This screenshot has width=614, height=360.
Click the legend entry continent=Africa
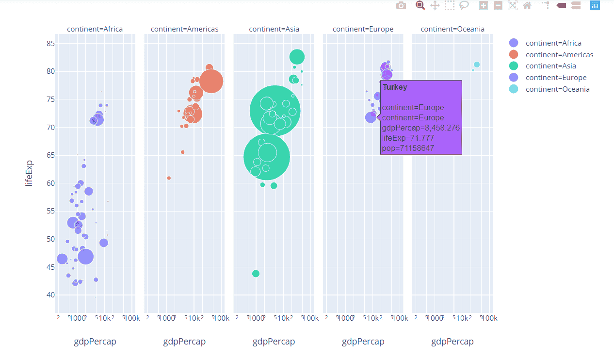(x=553, y=43)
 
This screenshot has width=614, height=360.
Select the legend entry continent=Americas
(x=559, y=55)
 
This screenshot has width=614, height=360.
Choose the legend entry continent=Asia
(x=550, y=66)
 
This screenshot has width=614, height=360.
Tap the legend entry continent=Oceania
(x=557, y=89)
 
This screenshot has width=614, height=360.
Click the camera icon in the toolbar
(x=401, y=6)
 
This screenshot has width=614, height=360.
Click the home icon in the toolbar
(x=527, y=6)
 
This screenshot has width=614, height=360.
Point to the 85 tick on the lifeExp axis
(x=49, y=44)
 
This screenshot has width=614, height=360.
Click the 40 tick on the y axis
(x=49, y=295)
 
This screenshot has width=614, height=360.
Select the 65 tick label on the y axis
(x=49, y=155)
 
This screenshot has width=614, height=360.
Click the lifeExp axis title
(x=30, y=173)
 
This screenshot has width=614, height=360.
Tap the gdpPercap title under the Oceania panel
(x=452, y=342)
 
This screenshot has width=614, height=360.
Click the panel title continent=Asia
(x=274, y=29)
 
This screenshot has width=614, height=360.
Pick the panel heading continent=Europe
(x=363, y=29)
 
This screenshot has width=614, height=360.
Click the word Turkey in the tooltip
(x=395, y=87)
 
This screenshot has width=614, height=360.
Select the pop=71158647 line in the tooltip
(x=408, y=148)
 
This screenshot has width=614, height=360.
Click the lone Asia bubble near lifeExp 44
(x=256, y=274)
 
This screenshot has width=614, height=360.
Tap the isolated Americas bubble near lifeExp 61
(x=169, y=178)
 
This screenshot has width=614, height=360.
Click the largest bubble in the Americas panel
(x=211, y=82)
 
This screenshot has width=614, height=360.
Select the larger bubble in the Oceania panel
(x=477, y=65)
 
